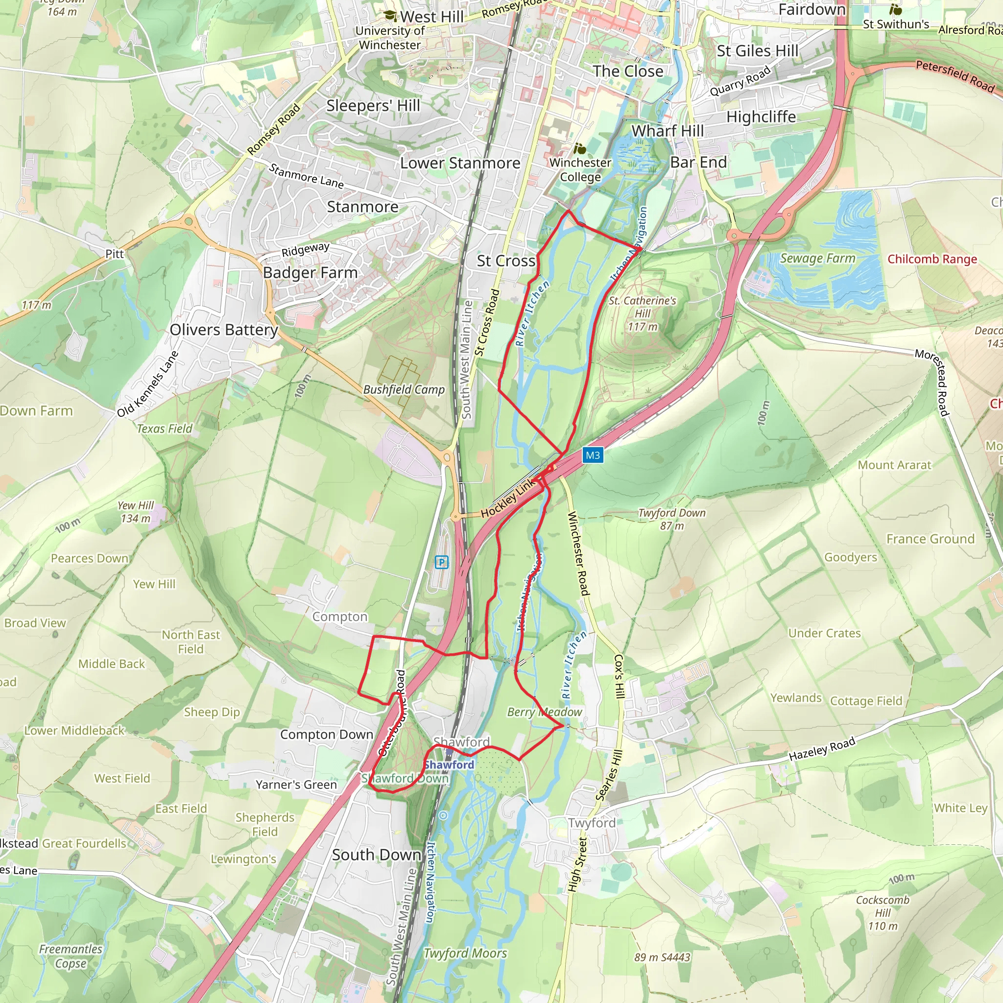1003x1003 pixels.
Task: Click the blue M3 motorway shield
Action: pos(593,455)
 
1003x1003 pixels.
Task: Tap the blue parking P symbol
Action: pos(441,562)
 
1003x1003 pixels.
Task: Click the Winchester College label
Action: pos(580,169)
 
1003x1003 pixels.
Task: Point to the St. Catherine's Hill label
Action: pos(642,313)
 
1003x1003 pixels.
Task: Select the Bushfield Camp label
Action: pos(404,389)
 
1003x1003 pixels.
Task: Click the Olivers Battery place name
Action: pos(224,330)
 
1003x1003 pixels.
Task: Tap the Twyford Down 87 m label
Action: pos(671,519)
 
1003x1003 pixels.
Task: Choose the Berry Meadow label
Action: pos(544,712)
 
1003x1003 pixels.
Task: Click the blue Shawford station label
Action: pos(449,764)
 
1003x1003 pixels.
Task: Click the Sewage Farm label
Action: pos(817,258)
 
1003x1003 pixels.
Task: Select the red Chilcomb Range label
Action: pos(932,259)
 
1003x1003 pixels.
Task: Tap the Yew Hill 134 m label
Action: pos(136,511)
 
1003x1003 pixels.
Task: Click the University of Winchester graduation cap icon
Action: pos(390,16)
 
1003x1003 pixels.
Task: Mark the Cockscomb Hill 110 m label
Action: pos(883,913)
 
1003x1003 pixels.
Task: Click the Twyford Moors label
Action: pos(465,953)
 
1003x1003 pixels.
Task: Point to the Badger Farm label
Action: pos(310,273)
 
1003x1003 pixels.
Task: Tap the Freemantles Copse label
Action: pos(71,956)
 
